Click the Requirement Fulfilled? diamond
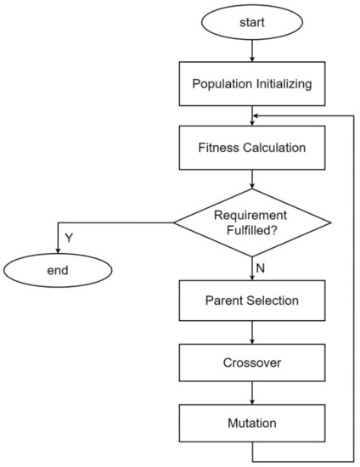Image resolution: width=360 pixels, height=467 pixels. (252, 224)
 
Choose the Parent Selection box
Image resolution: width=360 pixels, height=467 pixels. (252, 301)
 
